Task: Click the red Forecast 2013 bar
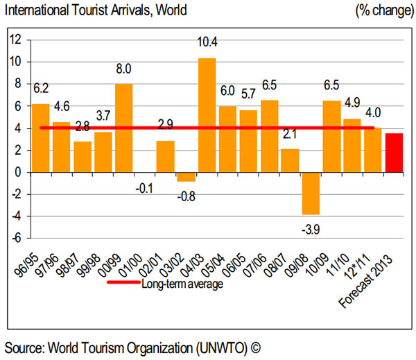point(394,153)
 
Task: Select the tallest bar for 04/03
point(207,115)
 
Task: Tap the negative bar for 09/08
point(311,194)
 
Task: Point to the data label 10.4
point(207,44)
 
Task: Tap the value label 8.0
point(124,69)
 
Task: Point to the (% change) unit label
point(381,10)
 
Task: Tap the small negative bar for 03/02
point(186,177)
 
